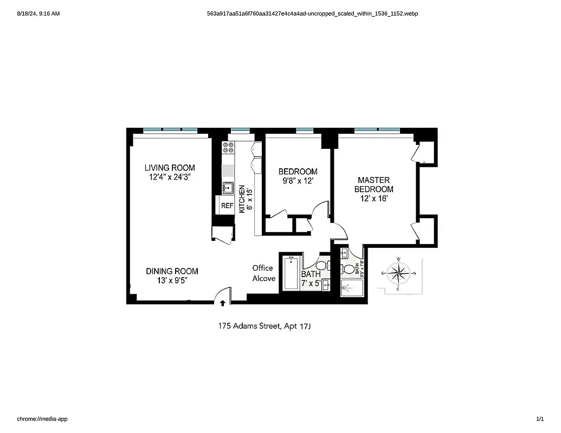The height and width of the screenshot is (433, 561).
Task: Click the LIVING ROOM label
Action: (x=169, y=168)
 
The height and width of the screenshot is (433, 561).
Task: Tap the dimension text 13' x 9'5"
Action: (x=171, y=280)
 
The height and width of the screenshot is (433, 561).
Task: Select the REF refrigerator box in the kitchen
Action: (x=227, y=206)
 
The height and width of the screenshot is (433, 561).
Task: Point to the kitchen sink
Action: (x=228, y=188)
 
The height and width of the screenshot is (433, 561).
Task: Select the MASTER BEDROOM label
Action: (x=373, y=185)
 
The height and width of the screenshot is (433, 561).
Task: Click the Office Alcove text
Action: (x=263, y=273)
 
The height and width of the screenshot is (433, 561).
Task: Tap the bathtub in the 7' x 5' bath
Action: (x=291, y=273)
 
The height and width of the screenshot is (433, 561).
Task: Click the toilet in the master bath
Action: (x=349, y=269)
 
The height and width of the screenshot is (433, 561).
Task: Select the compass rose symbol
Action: (x=398, y=273)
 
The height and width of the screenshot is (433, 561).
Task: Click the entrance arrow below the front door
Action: (x=222, y=304)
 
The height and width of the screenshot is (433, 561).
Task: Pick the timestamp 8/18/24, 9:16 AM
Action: (x=38, y=13)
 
